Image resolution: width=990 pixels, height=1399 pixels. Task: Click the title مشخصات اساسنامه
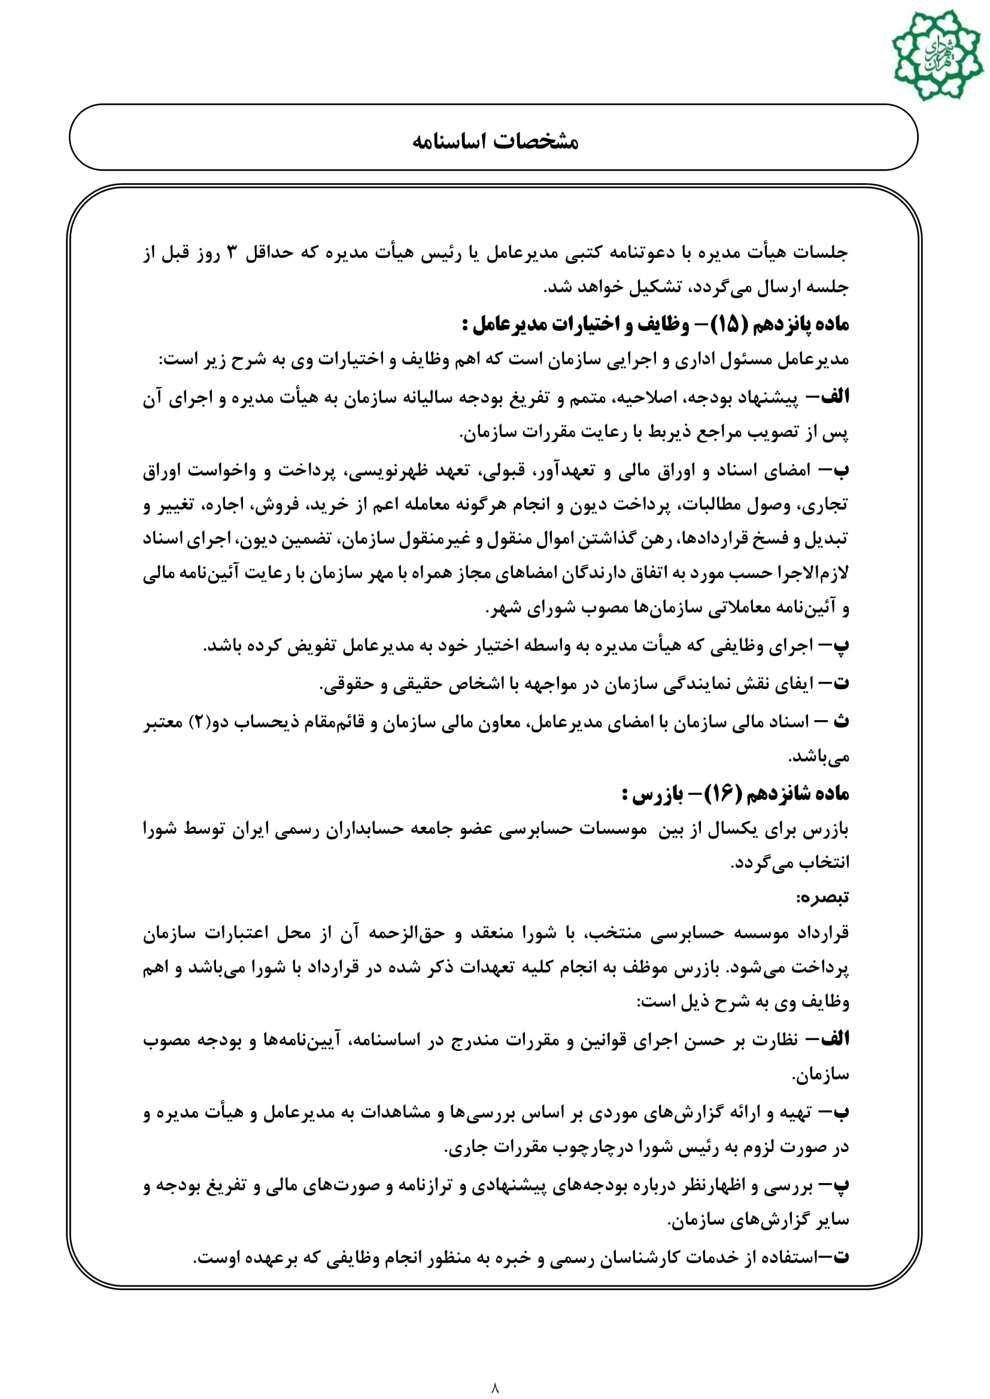coord(495,141)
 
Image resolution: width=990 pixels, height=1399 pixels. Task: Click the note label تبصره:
coord(822,898)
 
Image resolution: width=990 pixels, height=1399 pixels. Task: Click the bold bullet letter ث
coord(841,721)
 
